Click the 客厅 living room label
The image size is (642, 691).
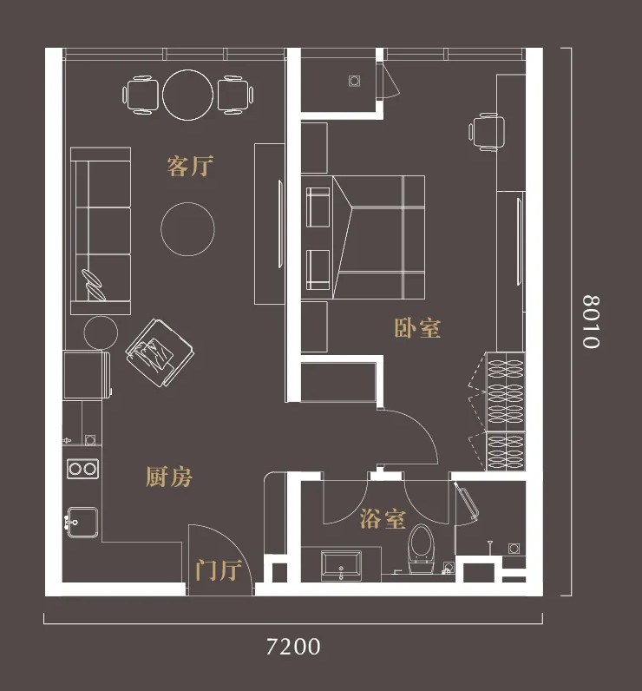[190, 166]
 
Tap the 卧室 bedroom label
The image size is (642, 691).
[417, 328]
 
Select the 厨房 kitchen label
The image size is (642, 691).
[169, 477]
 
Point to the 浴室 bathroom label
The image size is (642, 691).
[383, 519]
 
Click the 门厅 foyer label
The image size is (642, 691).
[219, 570]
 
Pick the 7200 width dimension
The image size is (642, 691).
[293, 647]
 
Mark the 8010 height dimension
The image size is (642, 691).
[591, 322]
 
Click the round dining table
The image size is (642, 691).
[188, 95]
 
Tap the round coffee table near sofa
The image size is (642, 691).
[187, 229]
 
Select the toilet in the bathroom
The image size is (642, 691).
[422, 550]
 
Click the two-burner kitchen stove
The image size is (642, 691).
[82, 469]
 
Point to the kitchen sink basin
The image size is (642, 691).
[82, 523]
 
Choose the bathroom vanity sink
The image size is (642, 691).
[341, 566]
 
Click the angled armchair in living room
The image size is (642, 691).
[160, 353]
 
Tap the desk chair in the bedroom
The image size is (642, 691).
[487, 132]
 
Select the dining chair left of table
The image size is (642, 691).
[141, 95]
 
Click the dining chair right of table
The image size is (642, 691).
[236, 95]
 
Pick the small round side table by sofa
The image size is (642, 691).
[101, 332]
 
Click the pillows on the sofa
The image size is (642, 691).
[94, 285]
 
